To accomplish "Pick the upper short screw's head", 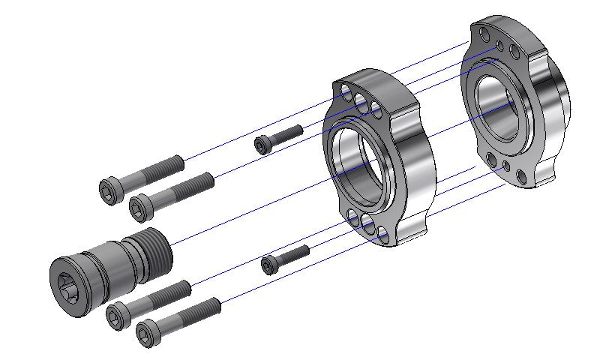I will (x=261, y=145).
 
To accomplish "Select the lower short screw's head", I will (x=269, y=264).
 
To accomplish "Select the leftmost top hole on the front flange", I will (x=346, y=92).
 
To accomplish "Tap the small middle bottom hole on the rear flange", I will (x=507, y=166).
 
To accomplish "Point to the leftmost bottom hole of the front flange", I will (x=352, y=217).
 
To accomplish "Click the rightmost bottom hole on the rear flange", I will (x=521, y=175).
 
